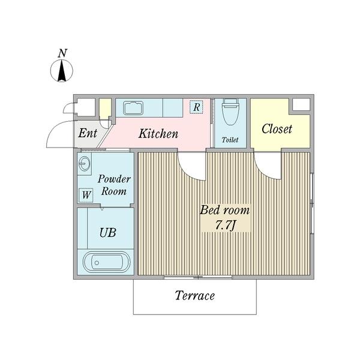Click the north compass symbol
pyautogui.click(x=62, y=71)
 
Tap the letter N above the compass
pyautogui.click(x=62, y=53)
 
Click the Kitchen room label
pyautogui.click(x=158, y=134)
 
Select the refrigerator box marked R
pyautogui.click(x=196, y=107)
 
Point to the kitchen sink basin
pyautogui.click(x=133, y=108)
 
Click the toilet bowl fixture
pyautogui.click(x=230, y=112)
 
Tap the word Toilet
pyautogui.click(x=230, y=140)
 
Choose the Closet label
pyautogui.click(x=277, y=128)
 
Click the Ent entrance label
pyautogui.click(x=88, y=133)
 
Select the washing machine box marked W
pyautogui.click(x=86, y=195)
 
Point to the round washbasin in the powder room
pyautogui.click(x=84, y=164)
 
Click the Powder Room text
pyautogui.click(x=114, y=185)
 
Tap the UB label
pyautogui.click(x=107, y=233)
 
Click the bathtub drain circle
pyautogui.click(x=97, y=263)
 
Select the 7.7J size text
pyautogui.click(x=226, y=225)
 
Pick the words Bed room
pyautogui.click(x=225, y=211)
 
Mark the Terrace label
pyautogui.click(x=194, y=295)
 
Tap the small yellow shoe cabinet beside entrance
pyautogui.click(x=106, y=109)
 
